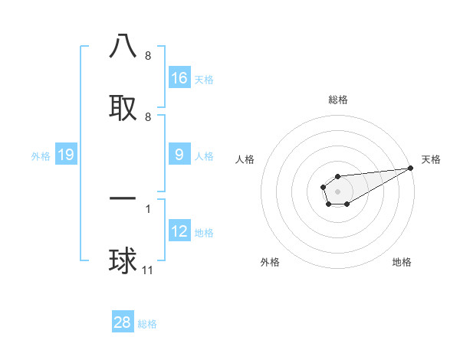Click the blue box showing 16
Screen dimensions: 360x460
(179, 78)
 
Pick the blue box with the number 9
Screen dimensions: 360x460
(179, 155)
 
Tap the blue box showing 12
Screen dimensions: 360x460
(179, 231)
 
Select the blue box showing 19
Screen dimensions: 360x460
(66, 155)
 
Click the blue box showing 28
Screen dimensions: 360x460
(123, 322)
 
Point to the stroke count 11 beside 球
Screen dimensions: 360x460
(149, 270)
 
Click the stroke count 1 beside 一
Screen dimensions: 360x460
(148, 208)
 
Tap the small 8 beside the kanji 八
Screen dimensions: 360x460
(148, 56)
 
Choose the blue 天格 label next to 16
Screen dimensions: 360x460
(204, 80)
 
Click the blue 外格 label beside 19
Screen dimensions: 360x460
(41, 156)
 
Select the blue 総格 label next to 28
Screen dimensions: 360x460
(147, 324)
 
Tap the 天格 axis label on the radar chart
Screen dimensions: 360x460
(431, 159)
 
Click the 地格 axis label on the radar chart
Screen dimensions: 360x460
(402, 262)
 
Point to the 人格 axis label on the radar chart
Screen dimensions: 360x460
(245, 159)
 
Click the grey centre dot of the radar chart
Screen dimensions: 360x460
(337, 190)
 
